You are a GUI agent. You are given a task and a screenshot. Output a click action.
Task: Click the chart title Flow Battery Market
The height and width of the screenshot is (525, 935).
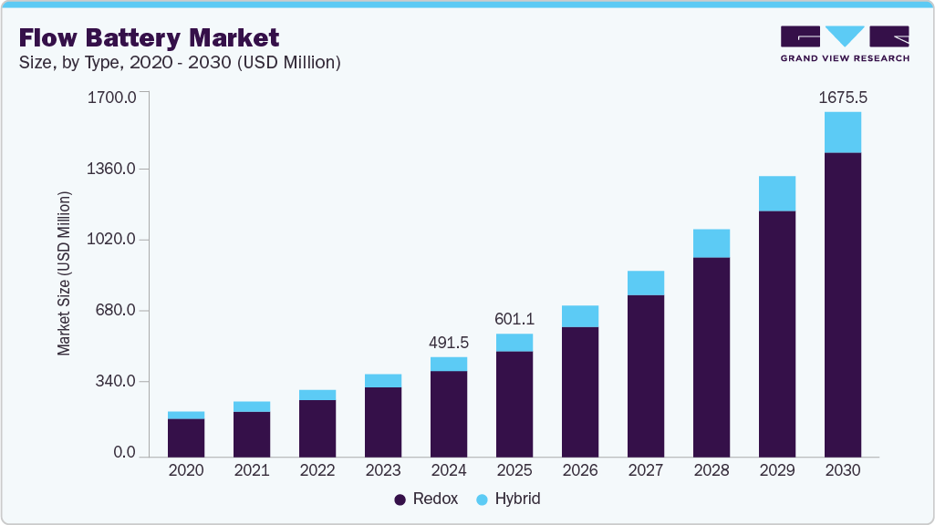click(x=149, y=37)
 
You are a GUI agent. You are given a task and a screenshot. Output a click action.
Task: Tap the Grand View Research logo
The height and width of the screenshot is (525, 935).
click(x=844, y=43)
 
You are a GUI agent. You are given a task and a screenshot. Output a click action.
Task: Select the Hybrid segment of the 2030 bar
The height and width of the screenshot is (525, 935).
click(x=842, y=132)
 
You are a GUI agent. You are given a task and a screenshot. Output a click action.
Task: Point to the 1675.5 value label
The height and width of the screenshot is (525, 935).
click(x=842, y=98)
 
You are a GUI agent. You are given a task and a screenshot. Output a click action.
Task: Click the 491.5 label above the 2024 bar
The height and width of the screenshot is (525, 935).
click(x=448, y=343)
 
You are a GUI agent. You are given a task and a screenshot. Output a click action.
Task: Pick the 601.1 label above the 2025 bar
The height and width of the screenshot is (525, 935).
click(x=514, y=319)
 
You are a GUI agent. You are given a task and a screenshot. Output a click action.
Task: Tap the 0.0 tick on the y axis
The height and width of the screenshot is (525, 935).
click(x=125, y=453)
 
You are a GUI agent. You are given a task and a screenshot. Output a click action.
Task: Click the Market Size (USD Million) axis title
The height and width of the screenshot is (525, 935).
click(x=64, y=273)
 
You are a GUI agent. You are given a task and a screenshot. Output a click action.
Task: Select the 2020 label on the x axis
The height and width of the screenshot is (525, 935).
click(x=186, y=470)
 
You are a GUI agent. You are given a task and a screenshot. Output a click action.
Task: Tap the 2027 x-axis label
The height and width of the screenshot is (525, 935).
click(x=645, y=470)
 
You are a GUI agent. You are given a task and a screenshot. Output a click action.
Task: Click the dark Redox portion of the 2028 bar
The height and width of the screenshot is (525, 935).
click(x=711, y=356)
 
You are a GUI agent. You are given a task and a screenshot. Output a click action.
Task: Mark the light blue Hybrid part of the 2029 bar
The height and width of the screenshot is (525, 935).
click(x=776, y=193)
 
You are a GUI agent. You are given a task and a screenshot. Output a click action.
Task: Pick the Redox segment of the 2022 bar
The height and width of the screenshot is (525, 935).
click(x=317, y=427)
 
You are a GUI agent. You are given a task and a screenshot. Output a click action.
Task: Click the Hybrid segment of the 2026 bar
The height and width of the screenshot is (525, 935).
click(x=579, y=316)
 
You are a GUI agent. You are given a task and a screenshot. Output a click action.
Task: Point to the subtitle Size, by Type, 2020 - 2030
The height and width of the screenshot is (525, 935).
click(x=180, y=62)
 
